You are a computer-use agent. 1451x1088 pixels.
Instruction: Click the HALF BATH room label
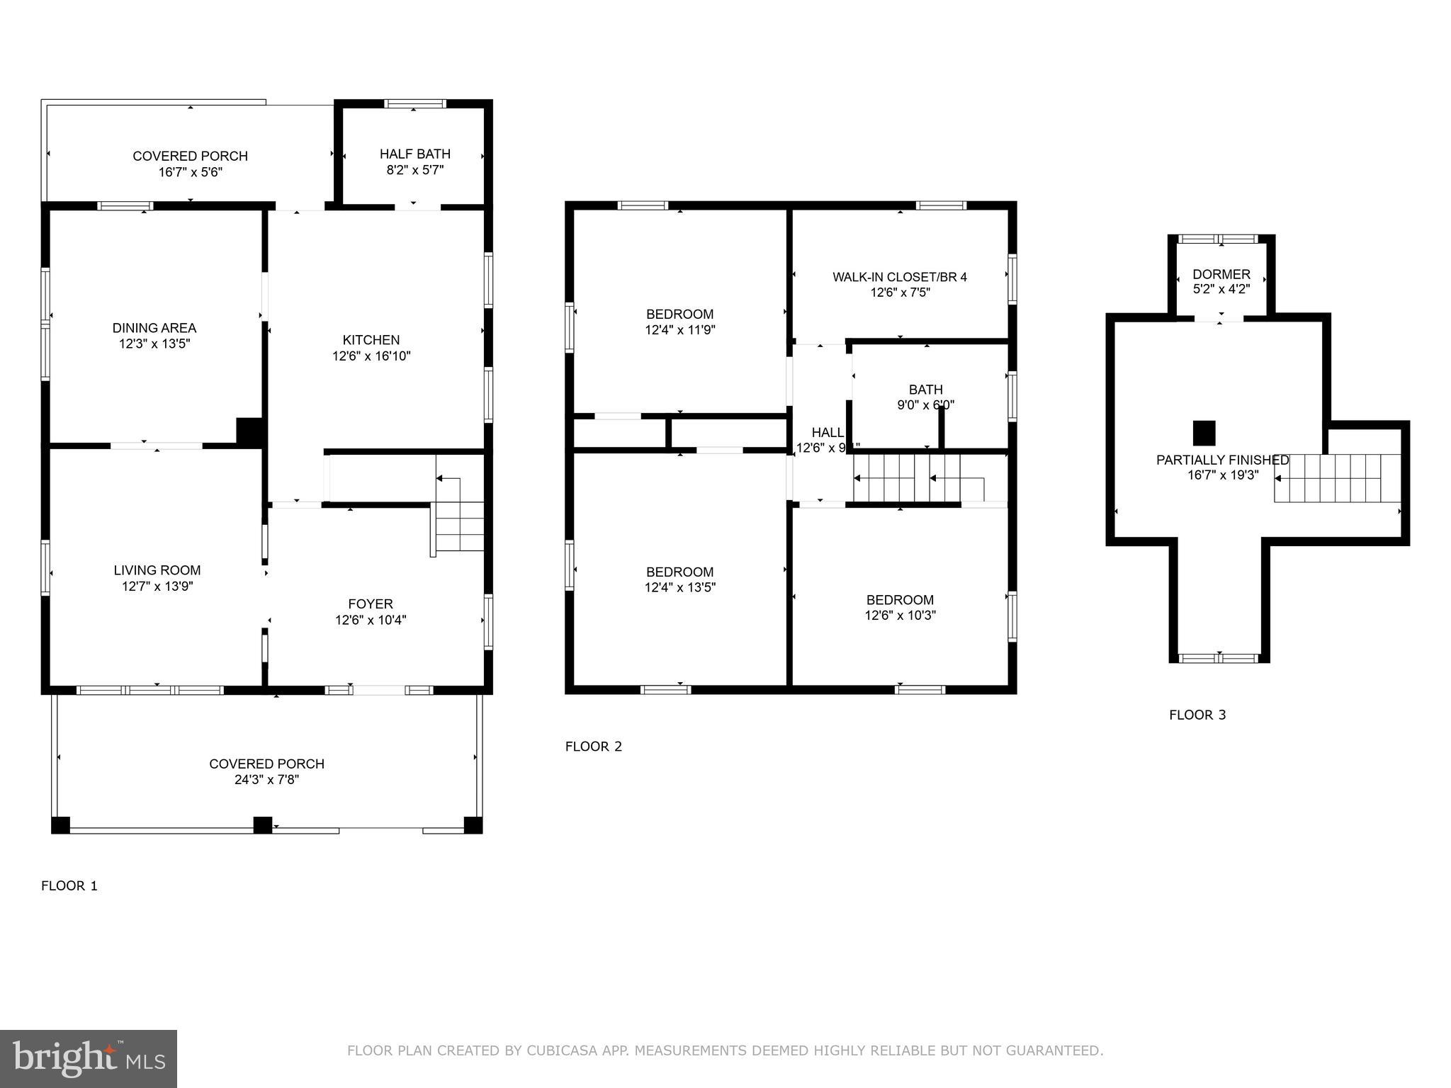click(x=414, y=154)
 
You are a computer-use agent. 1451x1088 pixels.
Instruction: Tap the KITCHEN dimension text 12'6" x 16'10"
click(x=371, y=356)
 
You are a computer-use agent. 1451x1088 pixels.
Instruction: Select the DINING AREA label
click(x=154, y=328)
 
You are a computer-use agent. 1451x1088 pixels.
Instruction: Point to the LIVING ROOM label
click(x=157, y=570)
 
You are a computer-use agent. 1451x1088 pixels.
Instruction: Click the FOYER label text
click(x=370, y=603)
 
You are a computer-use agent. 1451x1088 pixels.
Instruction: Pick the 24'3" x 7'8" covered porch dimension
click(x=267, y=780)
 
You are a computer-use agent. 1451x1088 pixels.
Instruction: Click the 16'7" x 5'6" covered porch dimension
click(x=191, y=172)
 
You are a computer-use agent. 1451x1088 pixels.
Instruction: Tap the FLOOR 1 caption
click(x=69, y=885)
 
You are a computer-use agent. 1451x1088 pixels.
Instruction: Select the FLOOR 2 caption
click(x=593, y=746)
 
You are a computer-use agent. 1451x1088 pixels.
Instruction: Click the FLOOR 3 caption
click(x=1197, y=715)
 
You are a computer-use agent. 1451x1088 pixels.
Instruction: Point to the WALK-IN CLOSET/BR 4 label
click(x=899, y=277)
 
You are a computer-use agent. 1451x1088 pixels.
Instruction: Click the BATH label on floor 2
click(x=925, y=390)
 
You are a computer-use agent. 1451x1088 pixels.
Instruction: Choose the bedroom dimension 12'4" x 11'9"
click(x=679, y=330)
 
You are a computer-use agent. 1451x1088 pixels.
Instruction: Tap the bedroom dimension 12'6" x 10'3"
click(x=900, y=616)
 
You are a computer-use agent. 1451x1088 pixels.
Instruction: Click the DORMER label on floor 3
click(x=1221, y=274)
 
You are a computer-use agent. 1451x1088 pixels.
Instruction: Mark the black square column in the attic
click(x=1204, y=433)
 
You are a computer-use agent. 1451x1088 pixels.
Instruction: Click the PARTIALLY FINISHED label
click(x=1222, y=460)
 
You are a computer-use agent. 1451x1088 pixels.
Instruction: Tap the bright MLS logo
click(x=89, y=1058)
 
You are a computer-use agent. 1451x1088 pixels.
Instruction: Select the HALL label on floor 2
click(x=827, y=432)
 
